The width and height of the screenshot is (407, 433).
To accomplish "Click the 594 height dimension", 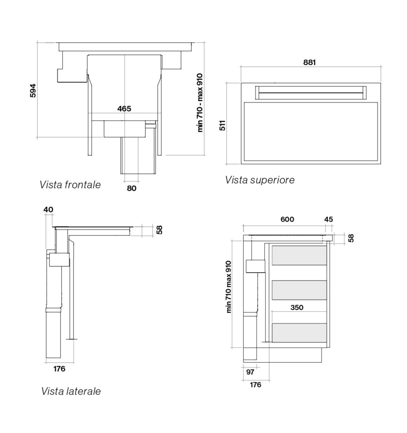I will pos(33,90).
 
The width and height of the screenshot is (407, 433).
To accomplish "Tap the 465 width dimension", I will pos(124,109).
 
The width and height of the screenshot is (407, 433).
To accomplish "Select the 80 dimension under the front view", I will pos(132,188).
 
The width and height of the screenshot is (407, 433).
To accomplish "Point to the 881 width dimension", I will pos(309,62).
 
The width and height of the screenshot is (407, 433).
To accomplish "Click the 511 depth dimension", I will pos(223,125).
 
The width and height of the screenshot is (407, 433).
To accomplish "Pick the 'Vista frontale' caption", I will pos(70,185).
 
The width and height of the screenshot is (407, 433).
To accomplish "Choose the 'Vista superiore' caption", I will pos(260,180).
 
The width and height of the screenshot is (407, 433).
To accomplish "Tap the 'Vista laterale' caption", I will pos(71,391).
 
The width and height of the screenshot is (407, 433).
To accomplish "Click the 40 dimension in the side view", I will pos(48,210).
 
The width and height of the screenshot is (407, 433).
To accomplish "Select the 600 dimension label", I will pos(287,219).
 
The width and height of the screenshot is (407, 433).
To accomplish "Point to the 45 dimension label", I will pos(328,219).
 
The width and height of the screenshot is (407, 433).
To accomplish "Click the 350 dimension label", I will pos(297,307).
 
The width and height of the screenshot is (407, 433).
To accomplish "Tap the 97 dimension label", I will pos(250,372).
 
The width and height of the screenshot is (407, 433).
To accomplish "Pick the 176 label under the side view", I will pos(59,369).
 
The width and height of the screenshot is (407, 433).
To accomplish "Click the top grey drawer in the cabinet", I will pos(299,255).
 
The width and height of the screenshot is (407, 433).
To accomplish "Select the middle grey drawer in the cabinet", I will pos(299,290).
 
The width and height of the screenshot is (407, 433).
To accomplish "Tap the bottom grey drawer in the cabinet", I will pos(299,333).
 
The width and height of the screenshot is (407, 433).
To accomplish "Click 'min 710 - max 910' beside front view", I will pos(200,102).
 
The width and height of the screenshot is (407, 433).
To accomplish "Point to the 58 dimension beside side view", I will pos(159,230).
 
